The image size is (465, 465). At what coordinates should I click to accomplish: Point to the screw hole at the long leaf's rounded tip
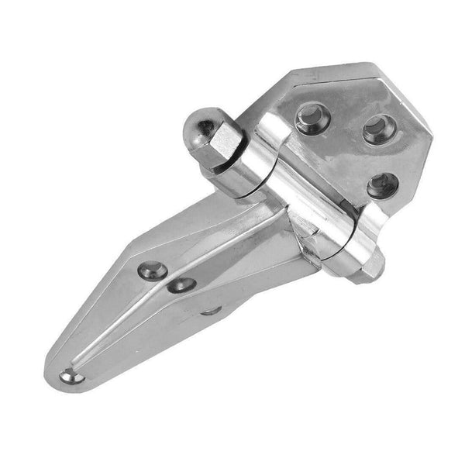click(x=71, y=377)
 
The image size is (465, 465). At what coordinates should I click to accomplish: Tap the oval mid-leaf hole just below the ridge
click(x=182, y=284)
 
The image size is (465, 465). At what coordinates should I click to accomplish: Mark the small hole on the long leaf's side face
click(x=211, y=311)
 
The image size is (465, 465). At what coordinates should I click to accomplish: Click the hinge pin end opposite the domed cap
click(x=373, y=268)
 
